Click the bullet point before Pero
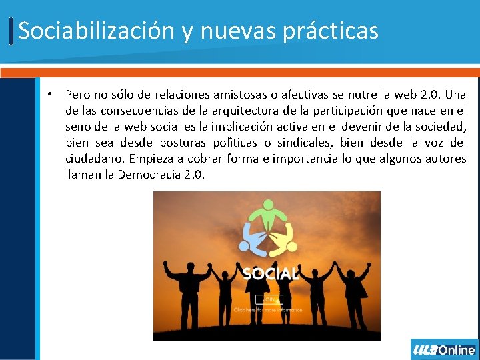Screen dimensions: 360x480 pyautogui.click(x=50, y=94)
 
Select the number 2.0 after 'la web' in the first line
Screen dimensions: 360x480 pyautogui.click(x=433, y=95)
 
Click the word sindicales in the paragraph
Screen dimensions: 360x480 pyautogui.click(x=304, y=143)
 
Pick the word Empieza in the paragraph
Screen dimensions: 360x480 pyautogui.click(x=154, y=159)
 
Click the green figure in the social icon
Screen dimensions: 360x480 pyautogui.click(x=267, y=212)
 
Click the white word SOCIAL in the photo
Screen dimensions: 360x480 pyautogui.click(x=269, y=273)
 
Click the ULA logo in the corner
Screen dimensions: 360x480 pyautogui.click(x=424, y=350)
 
